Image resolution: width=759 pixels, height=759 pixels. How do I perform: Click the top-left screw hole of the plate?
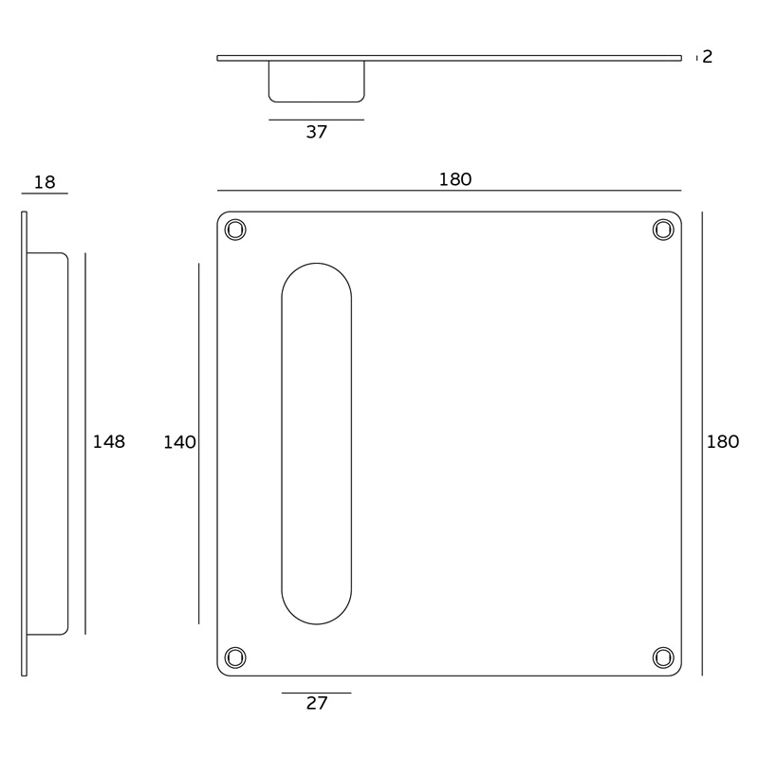(235, 230)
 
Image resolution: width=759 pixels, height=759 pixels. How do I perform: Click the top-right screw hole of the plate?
(663, 230)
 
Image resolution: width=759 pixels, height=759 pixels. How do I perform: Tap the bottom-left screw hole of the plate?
(235, 657)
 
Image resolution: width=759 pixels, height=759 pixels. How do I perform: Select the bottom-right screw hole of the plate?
(663, 657)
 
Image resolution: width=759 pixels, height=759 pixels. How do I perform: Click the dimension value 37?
(317, 132)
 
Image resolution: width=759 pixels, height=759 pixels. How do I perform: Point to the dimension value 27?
(317, 703)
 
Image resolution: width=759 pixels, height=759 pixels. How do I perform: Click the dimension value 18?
(45, 182)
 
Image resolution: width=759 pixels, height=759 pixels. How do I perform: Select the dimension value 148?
(109, 441)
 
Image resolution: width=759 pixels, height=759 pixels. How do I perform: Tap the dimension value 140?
(179, 442)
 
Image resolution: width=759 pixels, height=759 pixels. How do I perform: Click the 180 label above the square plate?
(455, 179)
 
